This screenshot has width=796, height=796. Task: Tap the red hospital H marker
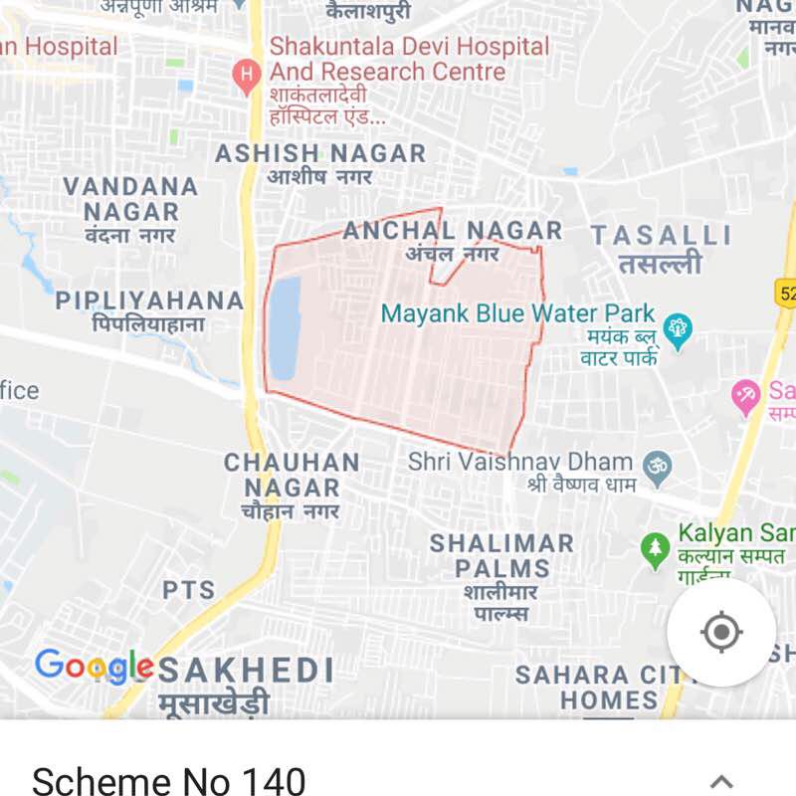coord(246,74)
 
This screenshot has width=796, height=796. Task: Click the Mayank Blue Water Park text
coord(517,313)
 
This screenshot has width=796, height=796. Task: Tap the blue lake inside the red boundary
coord(285,328)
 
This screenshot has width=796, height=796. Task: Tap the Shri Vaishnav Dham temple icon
coord(657,465)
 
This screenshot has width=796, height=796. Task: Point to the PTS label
coord(189,590)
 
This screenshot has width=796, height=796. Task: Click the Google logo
coord(95,665)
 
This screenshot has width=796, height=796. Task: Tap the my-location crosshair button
coord(721,632)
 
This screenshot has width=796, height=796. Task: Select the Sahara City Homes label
coord(597,687)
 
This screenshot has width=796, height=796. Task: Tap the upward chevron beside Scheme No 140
coord(721,781)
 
